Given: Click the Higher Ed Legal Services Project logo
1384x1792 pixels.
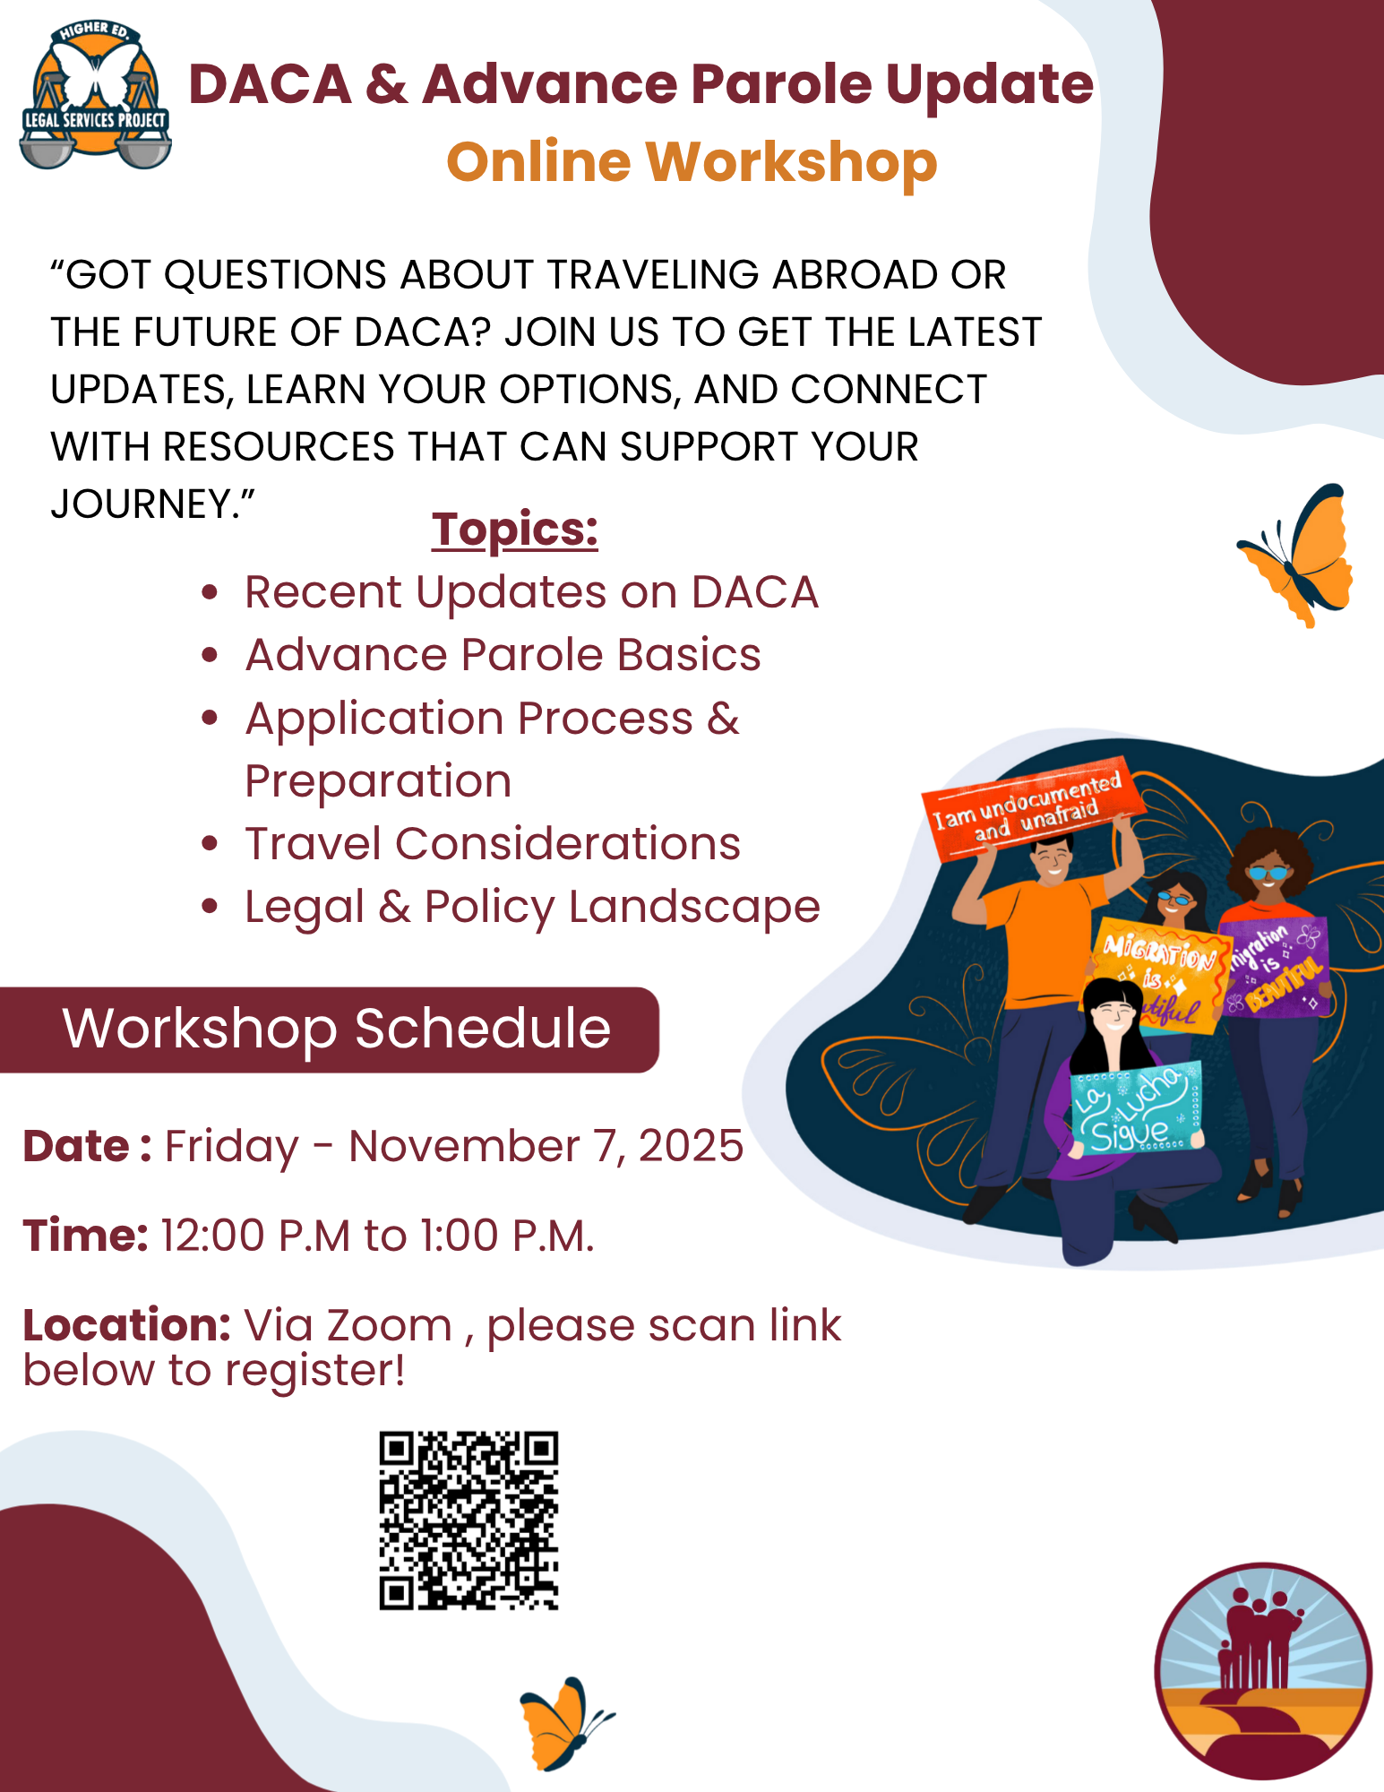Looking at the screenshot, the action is pyautogui.click(x=95, y=94).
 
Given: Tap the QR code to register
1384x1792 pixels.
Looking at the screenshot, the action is pyautogui.click(x=468, y=1521).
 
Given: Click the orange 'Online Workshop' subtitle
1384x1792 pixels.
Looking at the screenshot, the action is pyautogui.click(x=692, y=162).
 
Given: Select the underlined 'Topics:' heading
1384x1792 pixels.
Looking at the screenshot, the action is pyautogui.click(x=514, y=530).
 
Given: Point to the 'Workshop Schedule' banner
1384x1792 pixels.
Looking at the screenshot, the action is pyautogui.click(x=329, y=1030).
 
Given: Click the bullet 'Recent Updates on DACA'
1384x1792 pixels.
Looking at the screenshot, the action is pyautogui.click(x=531, y=592).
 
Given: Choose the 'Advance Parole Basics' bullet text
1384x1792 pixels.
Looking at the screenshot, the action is pyautogui.click(x=503, y=655).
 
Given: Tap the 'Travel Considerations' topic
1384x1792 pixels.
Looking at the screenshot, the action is pyautogui.click(x=493, y=844).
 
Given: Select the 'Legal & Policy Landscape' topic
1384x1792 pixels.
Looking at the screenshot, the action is pyautogui.click(x=532, y=908).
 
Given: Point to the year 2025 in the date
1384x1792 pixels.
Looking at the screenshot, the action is pyautogui.click(x=691, y=1146).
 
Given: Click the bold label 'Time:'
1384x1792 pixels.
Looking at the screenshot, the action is pyautogui.click(x=85, y=1236).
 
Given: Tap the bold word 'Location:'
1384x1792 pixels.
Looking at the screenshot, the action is pyautogui.click(x=127, y=1325).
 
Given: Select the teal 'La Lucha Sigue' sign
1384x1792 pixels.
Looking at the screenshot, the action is pyautogui.click(x=1137, y=1109).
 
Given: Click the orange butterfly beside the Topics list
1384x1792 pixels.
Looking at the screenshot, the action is pyautogui.click(x=1297, y=555).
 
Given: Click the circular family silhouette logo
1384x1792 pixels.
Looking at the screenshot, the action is pyautogui.click(x=1263, y=1672).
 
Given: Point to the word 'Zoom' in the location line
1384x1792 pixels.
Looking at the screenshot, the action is pyautogui.click(x=390, y=1325).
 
